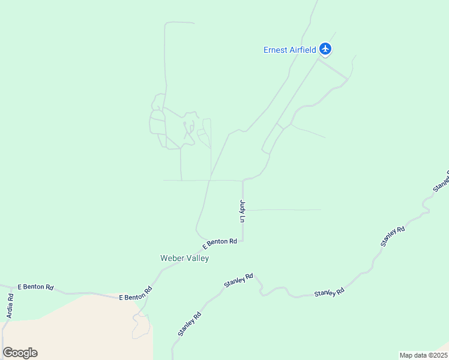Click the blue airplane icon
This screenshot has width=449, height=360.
pyautogui.click(x=325, y=49)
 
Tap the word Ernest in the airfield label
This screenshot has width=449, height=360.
pyautogui.click(x=276, y=50)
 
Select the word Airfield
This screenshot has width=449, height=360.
pyautogui.click(x=304, y=50)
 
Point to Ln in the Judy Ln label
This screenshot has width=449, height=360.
pyautogui.click(x=243, y=219)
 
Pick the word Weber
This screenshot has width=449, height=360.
pyautogui.click(x=171, y=258)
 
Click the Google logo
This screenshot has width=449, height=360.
pyautogui.click(x=20, y=353)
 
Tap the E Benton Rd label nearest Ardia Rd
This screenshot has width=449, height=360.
pyautogui.click(x=35, y=287)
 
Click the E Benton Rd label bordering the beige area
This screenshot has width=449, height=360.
pyautogui.click(x=136, y=293)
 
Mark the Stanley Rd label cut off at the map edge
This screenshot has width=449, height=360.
pyautogui.click(x=441, y=182)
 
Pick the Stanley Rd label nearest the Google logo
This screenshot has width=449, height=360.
pyautogui.click(x=189, y=323)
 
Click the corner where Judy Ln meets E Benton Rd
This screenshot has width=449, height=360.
pyautogui.click(x=243, y=241)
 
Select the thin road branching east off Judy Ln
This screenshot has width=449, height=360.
pyautogui.click(x=282, y=210)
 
